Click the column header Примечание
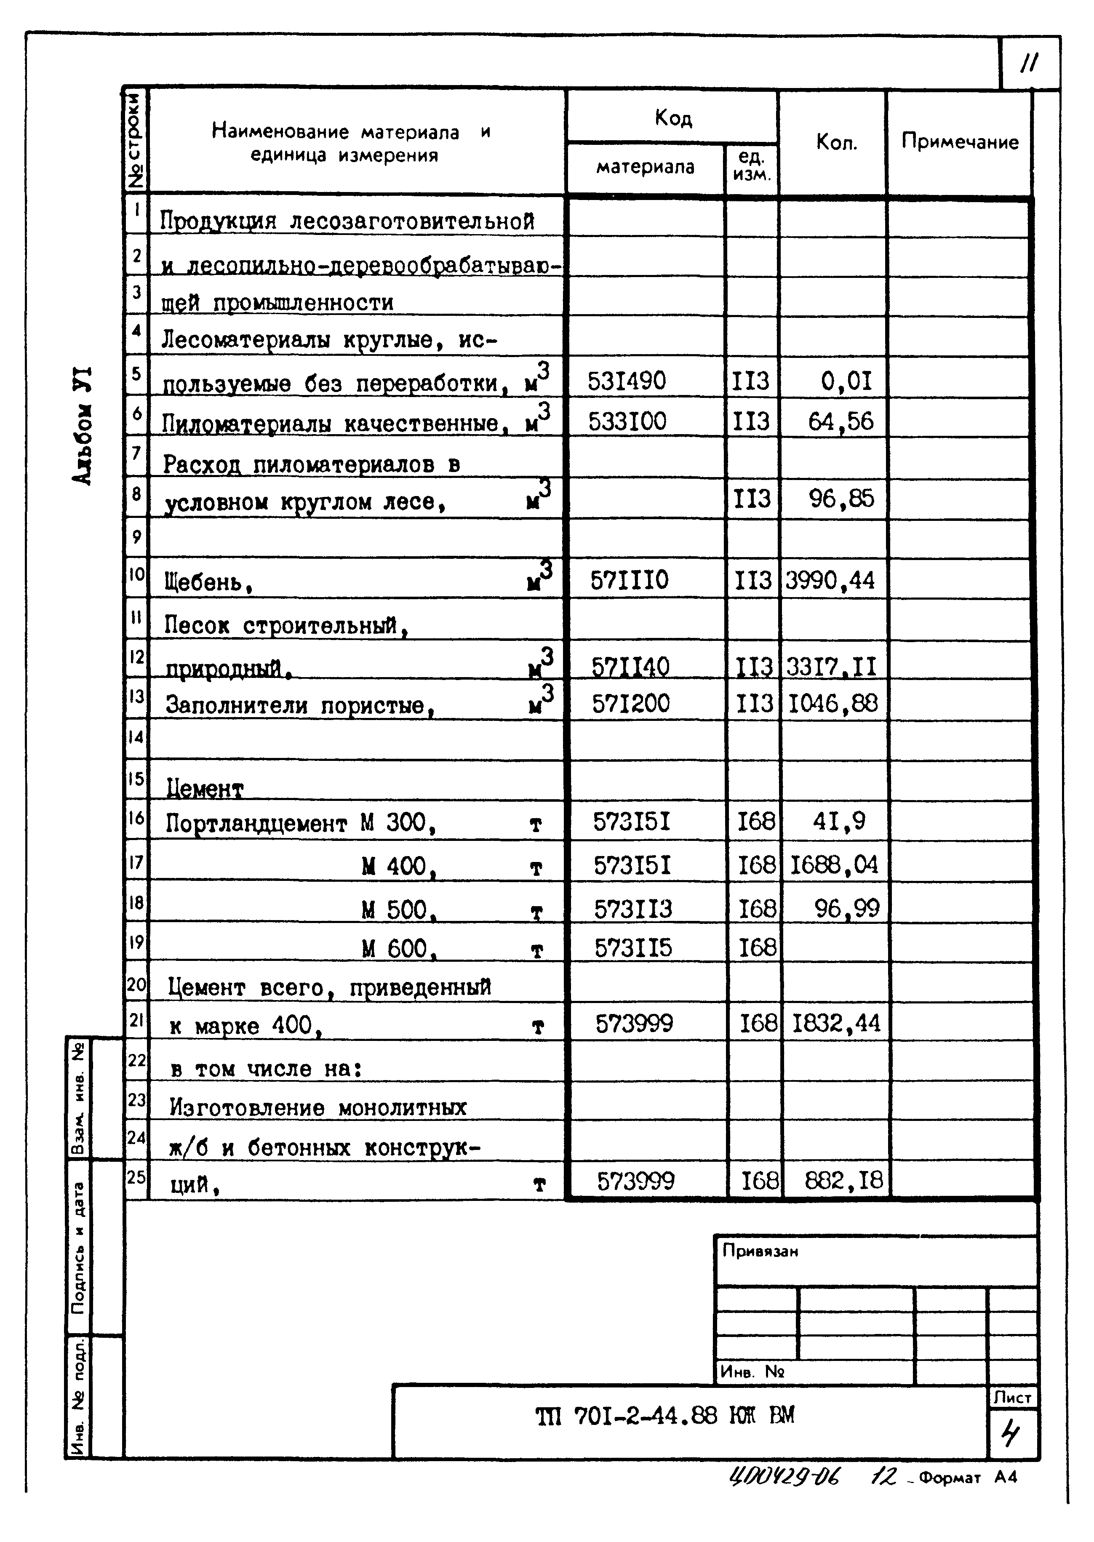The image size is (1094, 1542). (959, 142)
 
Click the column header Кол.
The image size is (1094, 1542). (836, 142)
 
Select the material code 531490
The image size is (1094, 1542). (627, 381)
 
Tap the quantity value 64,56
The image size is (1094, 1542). (840, 422)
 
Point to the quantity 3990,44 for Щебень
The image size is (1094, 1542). (830, 580)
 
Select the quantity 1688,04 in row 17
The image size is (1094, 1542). (834, 864)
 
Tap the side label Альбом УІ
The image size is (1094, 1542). (82, 426)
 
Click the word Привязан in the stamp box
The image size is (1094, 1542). (760, 1251)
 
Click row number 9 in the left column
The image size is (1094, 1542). (137, 537)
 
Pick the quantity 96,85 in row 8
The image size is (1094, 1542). (841, 499)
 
